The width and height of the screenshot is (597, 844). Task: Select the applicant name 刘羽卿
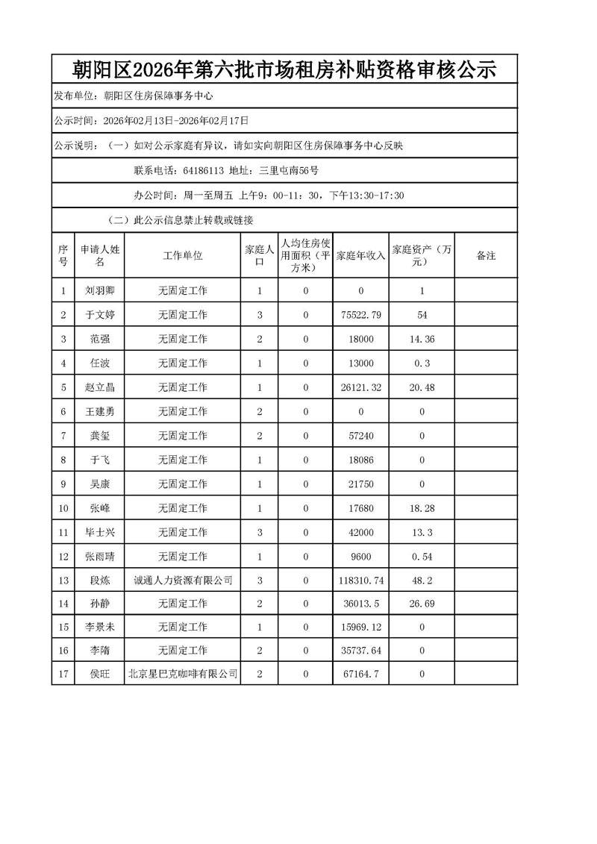99,291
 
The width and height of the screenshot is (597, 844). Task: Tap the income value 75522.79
360,315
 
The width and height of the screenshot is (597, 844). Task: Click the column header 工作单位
183,255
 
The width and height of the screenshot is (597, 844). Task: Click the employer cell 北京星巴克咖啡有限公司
183,675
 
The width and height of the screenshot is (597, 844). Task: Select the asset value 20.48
422,387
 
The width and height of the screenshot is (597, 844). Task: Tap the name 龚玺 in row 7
99,435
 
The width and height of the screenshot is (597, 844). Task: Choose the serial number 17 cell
63,675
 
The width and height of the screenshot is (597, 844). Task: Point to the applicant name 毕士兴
99,531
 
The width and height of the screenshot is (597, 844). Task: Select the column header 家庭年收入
360,255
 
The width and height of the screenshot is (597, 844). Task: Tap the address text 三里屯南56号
289,171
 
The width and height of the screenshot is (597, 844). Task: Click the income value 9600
360,556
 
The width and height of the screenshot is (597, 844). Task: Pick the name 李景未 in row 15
99,628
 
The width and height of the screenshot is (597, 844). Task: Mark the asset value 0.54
422,556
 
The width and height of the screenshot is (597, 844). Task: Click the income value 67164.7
360,675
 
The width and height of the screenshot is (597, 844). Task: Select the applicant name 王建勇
99,411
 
